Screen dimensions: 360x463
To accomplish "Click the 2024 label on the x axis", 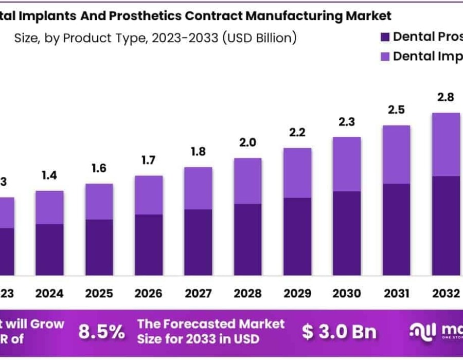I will click(49, 293).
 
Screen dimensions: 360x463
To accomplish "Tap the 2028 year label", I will click(248, 293).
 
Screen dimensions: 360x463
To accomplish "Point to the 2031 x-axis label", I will click(397, 293).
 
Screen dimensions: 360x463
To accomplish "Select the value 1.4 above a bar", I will click(49, 176).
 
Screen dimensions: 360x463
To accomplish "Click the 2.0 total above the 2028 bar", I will click(248, 142).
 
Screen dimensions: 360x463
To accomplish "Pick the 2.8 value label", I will click(446, 97).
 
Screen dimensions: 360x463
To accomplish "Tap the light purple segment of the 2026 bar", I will click(149, 195).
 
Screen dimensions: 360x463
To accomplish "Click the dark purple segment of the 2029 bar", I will click(297, 236).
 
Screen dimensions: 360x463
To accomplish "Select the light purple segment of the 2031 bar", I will click(397, 154).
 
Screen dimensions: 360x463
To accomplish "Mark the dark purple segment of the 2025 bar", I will click(99, 247).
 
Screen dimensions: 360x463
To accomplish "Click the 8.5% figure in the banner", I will click(101, 332).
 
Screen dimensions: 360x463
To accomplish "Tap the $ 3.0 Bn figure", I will click(339, 332).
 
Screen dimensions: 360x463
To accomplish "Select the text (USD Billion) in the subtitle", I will click(259, 38).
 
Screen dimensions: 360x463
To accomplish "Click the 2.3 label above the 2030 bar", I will click(347, 122).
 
